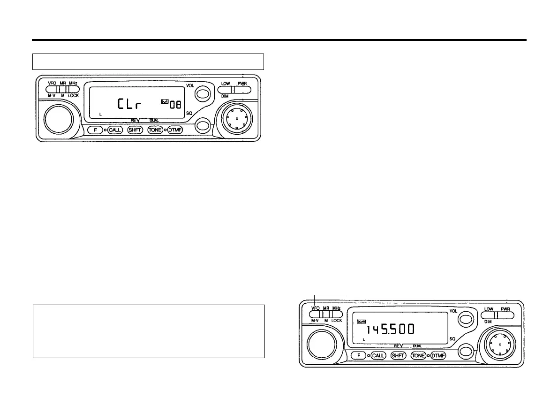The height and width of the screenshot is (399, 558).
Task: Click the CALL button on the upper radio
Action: tap(115, 130)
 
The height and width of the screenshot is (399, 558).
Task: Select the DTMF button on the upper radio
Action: tap(175, 130)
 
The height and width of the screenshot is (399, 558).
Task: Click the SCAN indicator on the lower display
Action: tap(361, 322)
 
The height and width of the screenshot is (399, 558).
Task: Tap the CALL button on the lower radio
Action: tap(377, 355)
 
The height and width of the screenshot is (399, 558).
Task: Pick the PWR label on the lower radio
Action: tap(505, 309)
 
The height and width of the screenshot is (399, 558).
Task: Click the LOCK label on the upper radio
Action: tap(73, 95)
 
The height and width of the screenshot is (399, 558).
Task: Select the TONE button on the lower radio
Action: tap(418, 355)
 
